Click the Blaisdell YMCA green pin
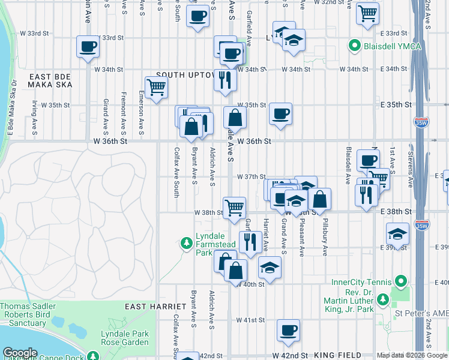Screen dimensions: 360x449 click(355, 45)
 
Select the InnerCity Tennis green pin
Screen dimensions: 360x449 click(400, 282)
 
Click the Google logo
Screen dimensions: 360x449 click(19, 353)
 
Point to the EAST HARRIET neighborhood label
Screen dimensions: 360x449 click(149, 307)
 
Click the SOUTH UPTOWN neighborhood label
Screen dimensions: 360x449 click(185, 75)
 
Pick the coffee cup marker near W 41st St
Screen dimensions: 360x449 click(288, 329)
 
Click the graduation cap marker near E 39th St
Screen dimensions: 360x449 click(397, 233)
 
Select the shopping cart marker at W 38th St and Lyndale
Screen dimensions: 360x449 click(234, 208)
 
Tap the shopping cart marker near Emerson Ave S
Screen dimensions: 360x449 click(156, 88)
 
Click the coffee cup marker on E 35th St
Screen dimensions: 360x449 click(280, 114)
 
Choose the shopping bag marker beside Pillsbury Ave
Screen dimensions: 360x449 click(321, 200)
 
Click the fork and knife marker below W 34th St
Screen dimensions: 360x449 click(224, 80)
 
